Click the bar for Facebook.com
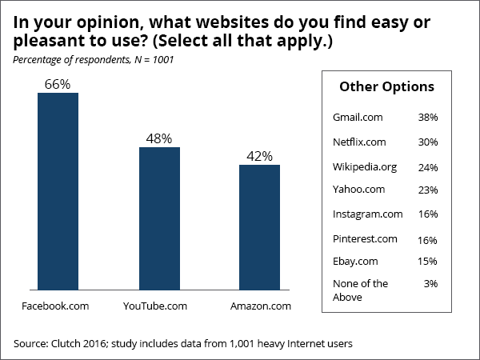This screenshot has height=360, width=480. coord(58,192)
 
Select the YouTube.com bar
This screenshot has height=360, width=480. coord(159,219)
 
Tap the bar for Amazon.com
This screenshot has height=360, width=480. coord(260,228)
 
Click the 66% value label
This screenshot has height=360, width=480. coord(58,82)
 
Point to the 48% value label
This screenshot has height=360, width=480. coord(159,138)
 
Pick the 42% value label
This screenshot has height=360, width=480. coord(260,155)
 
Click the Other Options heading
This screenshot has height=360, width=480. coord(387,86)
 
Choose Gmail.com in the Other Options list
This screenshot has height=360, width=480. coord(358,117)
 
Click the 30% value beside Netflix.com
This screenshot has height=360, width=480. coord(428,142)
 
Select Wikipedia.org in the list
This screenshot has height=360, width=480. coord(363,166)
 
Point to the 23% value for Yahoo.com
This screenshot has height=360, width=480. coord(428,190)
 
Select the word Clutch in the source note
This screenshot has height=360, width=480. coord(68,343)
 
